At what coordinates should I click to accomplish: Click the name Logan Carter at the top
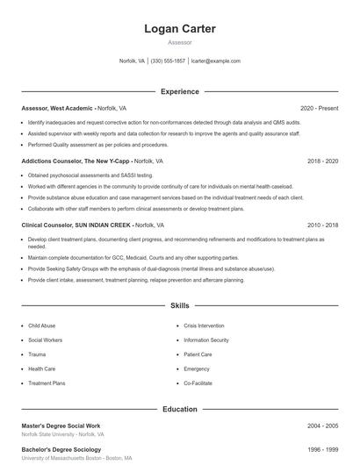(179, 29)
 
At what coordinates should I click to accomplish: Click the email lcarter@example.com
(215, 61)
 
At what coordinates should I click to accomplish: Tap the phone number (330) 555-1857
(168, 61)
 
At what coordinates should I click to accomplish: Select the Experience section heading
(179, 91)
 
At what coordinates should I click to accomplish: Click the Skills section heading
(179, 306)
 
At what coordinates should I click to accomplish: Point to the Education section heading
(179, 409)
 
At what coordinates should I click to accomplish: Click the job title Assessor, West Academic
(58, 108)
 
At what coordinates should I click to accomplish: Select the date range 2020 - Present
(319, 108)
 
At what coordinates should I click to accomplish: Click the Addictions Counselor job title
(76, 161)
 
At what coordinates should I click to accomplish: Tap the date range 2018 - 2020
(323, 161)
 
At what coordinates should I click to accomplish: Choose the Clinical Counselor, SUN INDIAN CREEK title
(76, 225)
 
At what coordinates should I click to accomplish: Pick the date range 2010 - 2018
(323, 225)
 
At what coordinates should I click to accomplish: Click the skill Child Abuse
(41, 325)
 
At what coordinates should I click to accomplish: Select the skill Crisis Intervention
(205, 325)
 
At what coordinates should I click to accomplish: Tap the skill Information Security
(205, 340)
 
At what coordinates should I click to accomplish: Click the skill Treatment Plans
(47, 383)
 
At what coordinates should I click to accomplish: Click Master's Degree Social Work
(62, 426)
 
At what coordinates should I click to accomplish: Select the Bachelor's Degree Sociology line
(61, 449)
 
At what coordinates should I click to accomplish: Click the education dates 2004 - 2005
(323, 426)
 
